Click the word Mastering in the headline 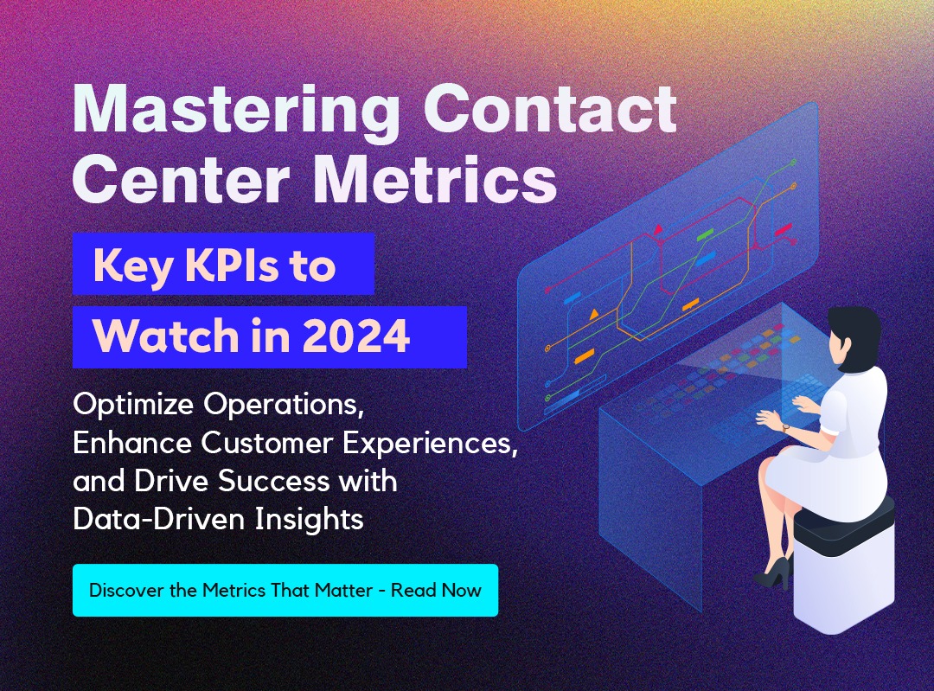[236, 111]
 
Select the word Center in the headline [181, 179]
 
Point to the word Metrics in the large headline [434, 179]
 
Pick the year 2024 [356, 336]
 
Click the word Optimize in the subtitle [133, 405]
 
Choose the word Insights [309, 519]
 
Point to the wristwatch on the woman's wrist [785, 428]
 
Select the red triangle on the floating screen [658, 229]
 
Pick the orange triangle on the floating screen [593, 314]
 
